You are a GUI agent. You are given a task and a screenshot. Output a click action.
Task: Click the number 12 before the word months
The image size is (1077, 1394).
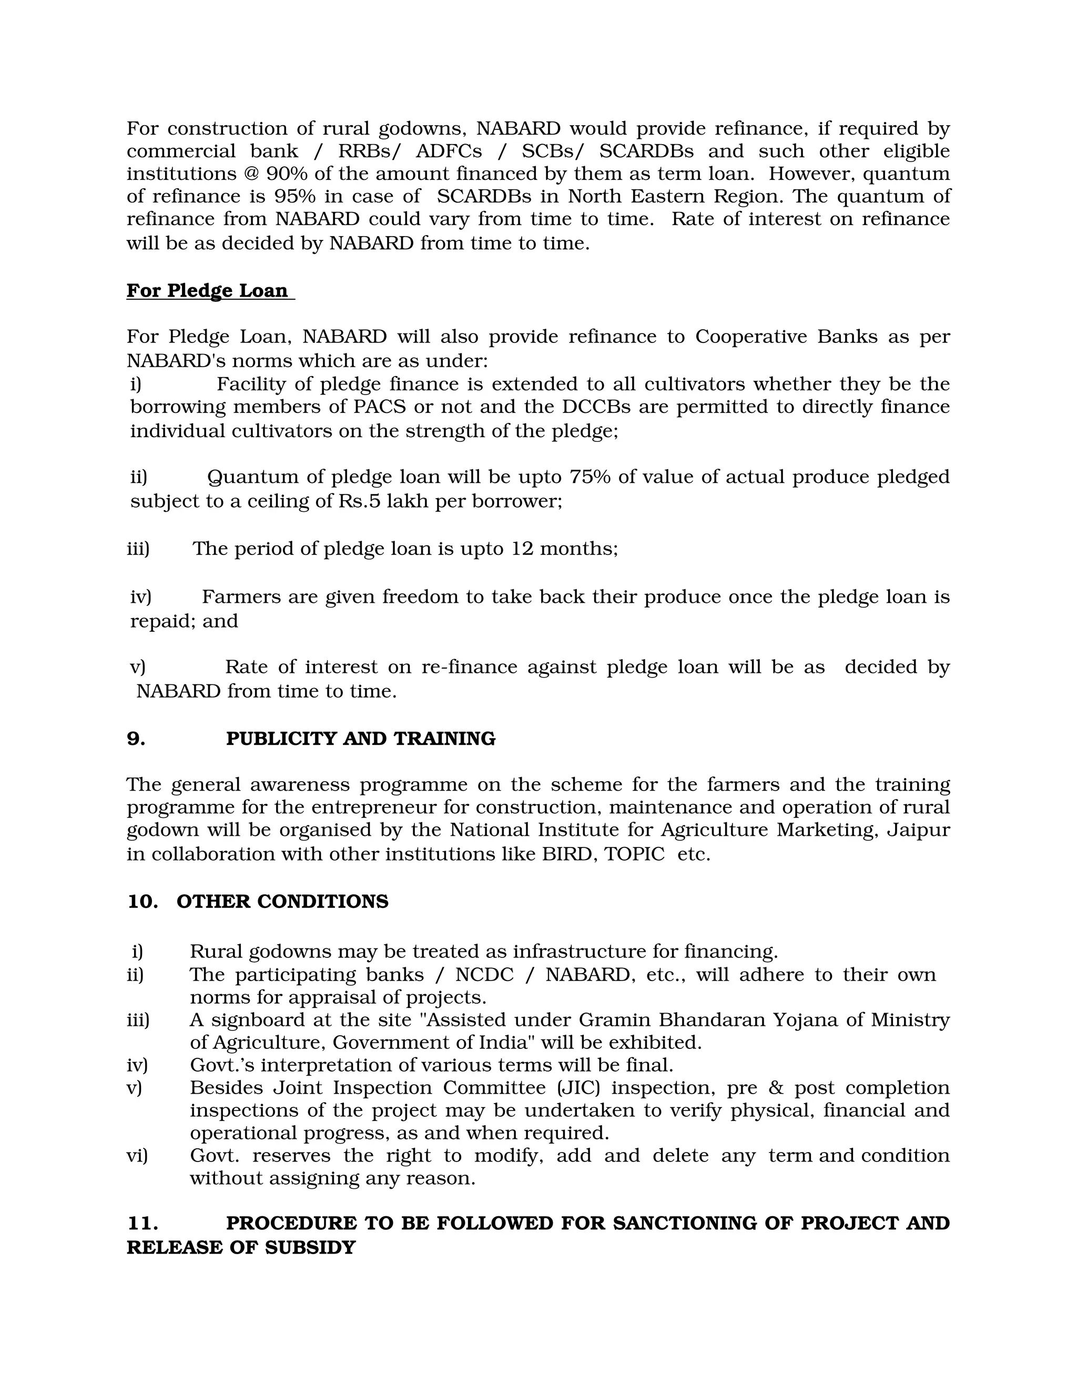[522, 549]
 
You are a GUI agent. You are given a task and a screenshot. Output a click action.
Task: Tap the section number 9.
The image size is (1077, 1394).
[135, 739]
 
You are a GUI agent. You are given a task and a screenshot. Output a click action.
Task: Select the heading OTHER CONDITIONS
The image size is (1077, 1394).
[282, 902]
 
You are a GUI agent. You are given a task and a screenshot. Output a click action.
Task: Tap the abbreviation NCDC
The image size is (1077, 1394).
[484, 975]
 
